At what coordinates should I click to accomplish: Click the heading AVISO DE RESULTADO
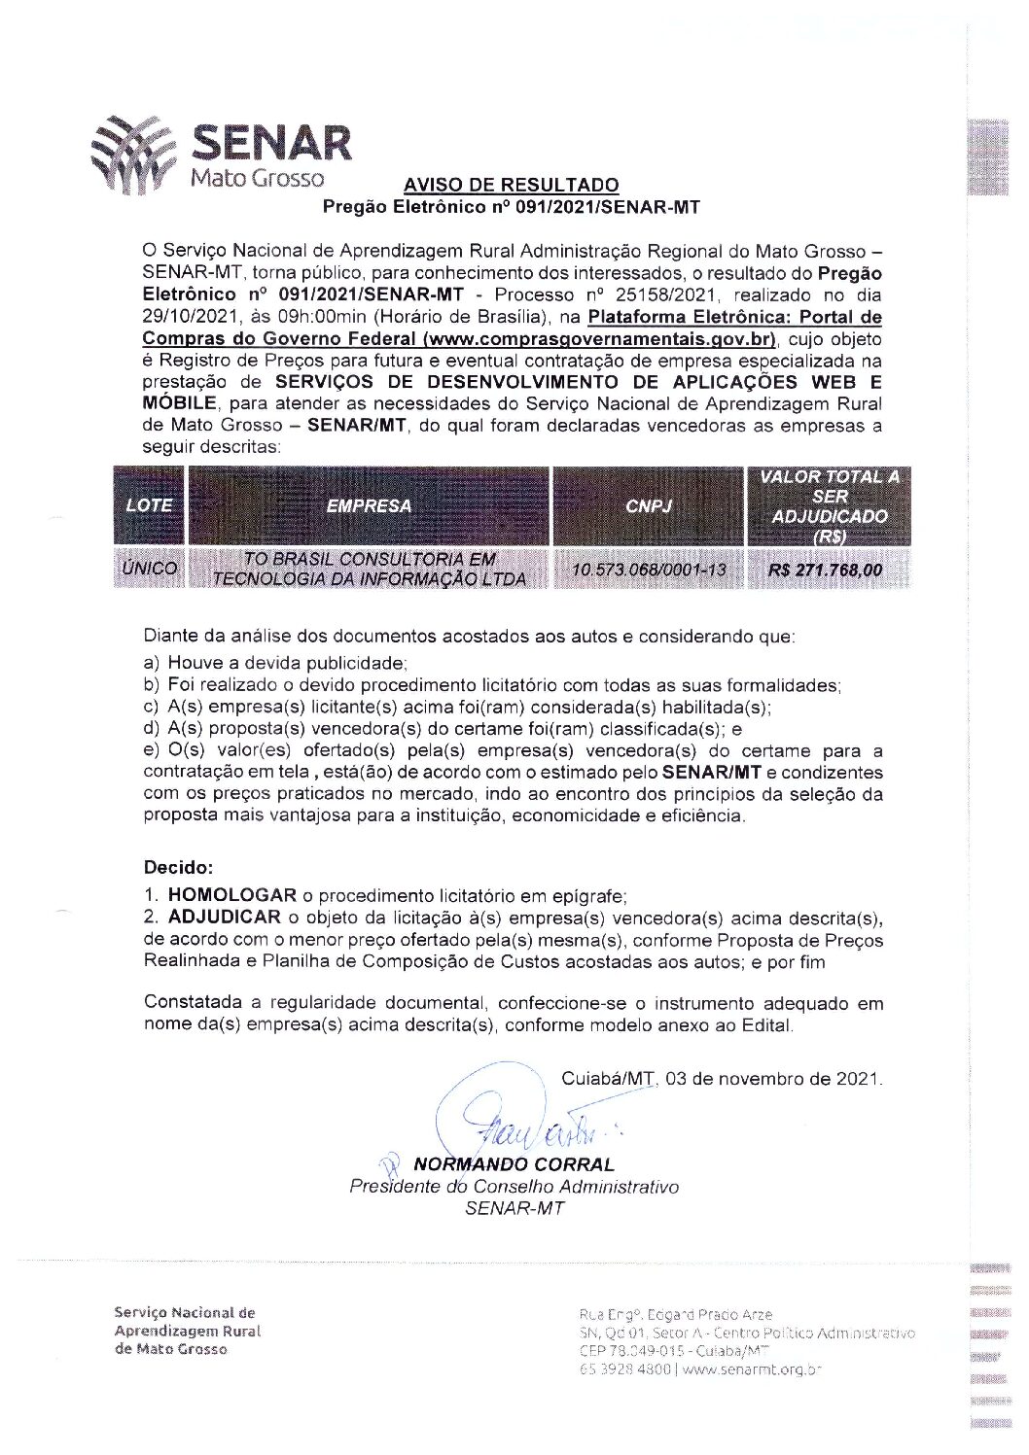tap(511, 185)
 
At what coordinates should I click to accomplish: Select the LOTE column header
tap(149, 505)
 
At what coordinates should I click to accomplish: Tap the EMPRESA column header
tap(369, 505)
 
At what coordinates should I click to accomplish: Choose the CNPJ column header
tap(649, 505)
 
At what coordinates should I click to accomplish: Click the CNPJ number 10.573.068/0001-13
tap(649, 570)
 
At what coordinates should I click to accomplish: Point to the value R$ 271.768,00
tap(826, 571)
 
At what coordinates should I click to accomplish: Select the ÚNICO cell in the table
tap(150, 570)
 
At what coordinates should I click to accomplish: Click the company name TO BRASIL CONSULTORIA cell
tap(369, 570)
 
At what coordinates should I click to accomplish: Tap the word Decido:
tap(178, 867)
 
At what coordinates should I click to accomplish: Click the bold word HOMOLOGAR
tap(231, 895)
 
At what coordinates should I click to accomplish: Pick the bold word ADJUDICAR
tap(224, 918)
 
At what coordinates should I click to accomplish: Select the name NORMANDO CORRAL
tap(514, 1164)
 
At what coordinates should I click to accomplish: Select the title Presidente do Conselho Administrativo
tap(514, 1187)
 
